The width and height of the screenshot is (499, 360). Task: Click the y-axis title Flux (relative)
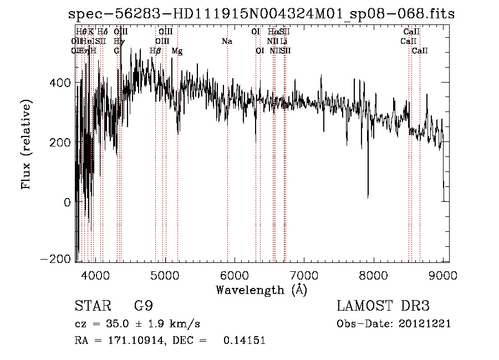(27, 144)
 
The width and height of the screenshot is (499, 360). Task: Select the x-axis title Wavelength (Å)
(261, 290)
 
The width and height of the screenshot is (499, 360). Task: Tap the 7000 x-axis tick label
(304, 275)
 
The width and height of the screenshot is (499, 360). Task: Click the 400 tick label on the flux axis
(61, 83)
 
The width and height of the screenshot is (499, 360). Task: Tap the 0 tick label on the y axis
(67, 202)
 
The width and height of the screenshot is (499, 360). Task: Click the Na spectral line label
(227, 42)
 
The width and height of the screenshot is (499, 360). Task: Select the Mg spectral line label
(177, 51)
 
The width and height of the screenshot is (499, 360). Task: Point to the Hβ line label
(156, 51)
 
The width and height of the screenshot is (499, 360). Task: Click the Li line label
(283, 42)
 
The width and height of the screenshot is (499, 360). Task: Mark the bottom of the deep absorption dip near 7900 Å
(368, 196)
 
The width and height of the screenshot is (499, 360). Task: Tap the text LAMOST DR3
(383, 307)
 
